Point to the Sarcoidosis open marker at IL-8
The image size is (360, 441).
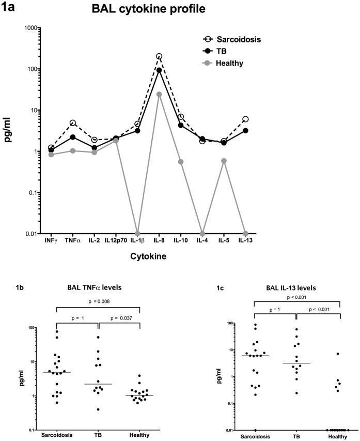click(159, 56)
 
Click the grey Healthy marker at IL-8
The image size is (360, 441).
click(159, 95)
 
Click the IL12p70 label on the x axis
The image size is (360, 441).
click(116, 241)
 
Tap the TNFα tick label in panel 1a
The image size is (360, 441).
click(73, 241)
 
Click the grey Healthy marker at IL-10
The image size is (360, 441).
click(181, 162)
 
